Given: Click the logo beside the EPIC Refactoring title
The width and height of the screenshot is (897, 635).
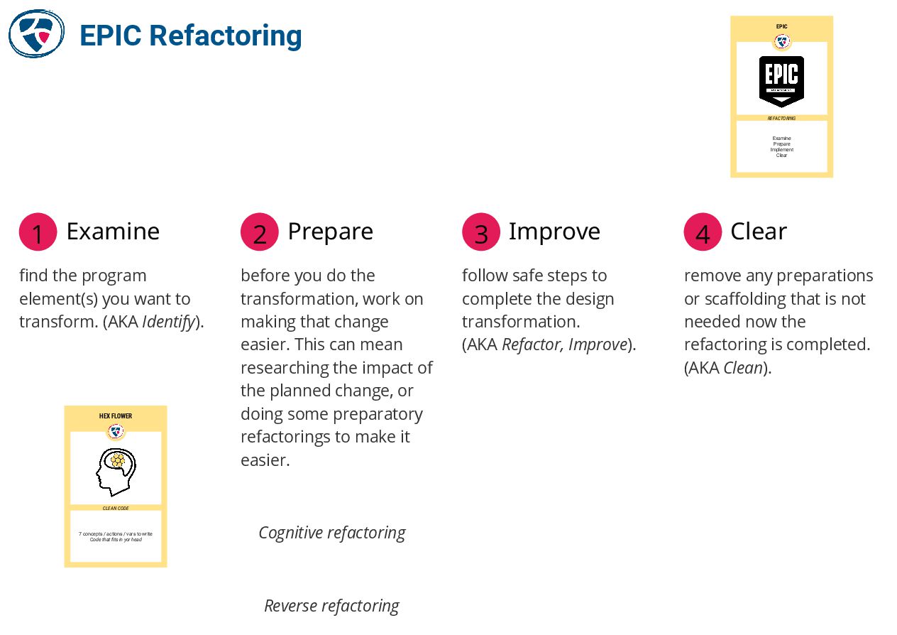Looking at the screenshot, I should tap(36, 34).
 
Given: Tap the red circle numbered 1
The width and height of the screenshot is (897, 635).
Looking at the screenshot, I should tap(38, 232).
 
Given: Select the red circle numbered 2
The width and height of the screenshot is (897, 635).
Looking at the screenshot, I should tap(260, 232).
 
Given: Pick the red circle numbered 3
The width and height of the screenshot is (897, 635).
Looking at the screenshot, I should tap(481, 232).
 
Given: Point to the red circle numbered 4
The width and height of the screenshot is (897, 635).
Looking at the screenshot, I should tap(703, 232).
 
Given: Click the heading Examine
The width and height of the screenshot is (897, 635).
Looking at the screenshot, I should tap(113, 232).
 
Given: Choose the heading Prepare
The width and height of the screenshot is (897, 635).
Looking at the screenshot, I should tap(330, 232).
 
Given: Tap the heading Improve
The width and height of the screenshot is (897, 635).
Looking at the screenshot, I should tap(554, 232).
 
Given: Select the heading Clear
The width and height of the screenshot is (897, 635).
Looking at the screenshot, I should tap(759, 232).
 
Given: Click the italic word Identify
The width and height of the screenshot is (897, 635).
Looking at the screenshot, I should tap(169, 322).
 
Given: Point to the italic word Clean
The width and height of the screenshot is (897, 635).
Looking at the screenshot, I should tap(743, 368).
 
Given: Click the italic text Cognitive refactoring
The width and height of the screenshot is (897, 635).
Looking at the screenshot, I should tap(331, 533).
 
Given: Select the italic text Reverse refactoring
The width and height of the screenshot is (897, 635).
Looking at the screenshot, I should tap(331, 606).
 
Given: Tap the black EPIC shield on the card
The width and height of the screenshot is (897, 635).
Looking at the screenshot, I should tap(781, 80).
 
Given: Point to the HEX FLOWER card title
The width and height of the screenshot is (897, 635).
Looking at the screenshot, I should tap(116, 416).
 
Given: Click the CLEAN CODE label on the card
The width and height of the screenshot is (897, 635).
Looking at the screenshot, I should tap(116, 509).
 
